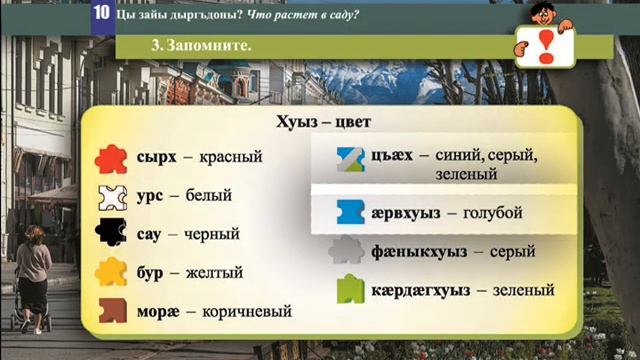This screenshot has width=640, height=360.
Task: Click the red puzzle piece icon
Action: coord(111,158)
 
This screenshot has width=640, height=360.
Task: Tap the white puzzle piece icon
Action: coord(111,196)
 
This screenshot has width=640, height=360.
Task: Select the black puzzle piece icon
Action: coord(111,234)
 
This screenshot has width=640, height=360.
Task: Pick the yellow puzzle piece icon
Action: coord(111,272)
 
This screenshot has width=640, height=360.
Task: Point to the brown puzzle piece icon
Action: coord(111,310)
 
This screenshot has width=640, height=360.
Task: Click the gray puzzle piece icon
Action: coord(347,251)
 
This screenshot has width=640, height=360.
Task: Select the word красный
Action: coord(230,158)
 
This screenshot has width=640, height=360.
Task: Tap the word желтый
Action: coord(214,272)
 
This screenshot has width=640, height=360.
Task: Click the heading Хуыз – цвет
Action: coord(324,124)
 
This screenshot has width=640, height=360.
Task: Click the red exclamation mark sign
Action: coord(541,45)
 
